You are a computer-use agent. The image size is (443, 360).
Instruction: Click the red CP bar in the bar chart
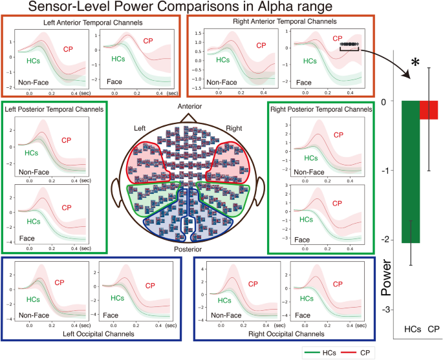[429, 110]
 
